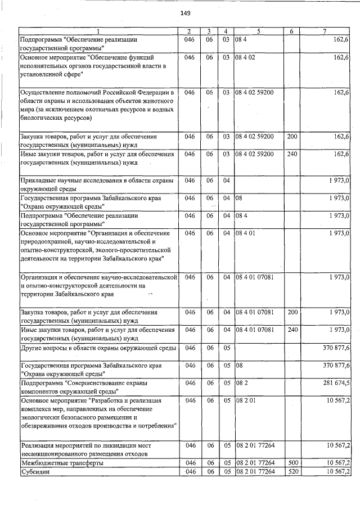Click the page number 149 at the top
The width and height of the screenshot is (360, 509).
tap(184, 13)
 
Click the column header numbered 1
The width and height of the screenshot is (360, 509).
tap(98, 31)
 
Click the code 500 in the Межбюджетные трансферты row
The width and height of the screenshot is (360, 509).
tap(292, 462)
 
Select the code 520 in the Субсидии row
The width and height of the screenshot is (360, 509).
tap(292, 471)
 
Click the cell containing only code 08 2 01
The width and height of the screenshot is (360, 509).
tap(246, 400)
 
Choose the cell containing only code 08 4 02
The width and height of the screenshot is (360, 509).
tap(246, 57)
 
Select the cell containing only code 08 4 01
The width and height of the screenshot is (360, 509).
tap(246, 232)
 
